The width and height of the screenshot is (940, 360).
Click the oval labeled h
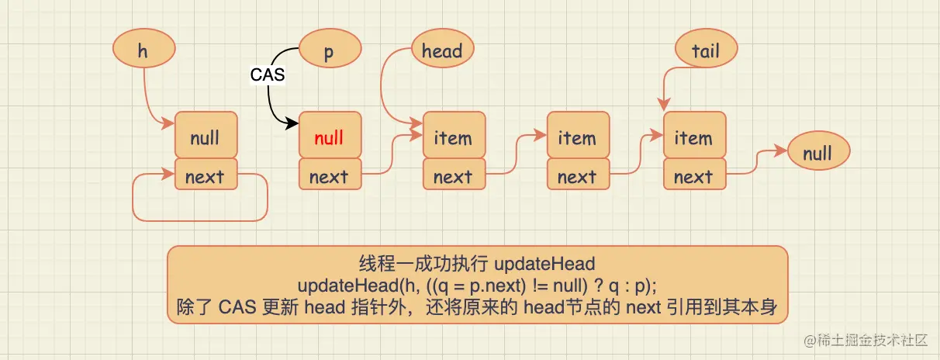point(143,50)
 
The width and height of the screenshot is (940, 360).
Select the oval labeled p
point(330,51)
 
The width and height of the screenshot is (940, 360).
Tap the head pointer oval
point(442,51)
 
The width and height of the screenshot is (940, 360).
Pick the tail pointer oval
point(706,51)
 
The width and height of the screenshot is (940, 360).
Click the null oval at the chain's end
point(817,153)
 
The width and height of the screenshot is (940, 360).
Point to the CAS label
point(268,75)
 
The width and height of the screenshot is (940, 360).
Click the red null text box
point(330,138)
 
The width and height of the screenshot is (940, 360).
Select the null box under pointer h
point(205,138)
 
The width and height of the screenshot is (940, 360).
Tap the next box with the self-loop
point(205,176)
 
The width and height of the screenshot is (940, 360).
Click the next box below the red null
point(330,176)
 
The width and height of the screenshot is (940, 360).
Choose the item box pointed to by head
point(454,138)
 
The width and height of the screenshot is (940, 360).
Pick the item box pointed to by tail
point(694,138)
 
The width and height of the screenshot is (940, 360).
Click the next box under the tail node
point(694,176)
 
